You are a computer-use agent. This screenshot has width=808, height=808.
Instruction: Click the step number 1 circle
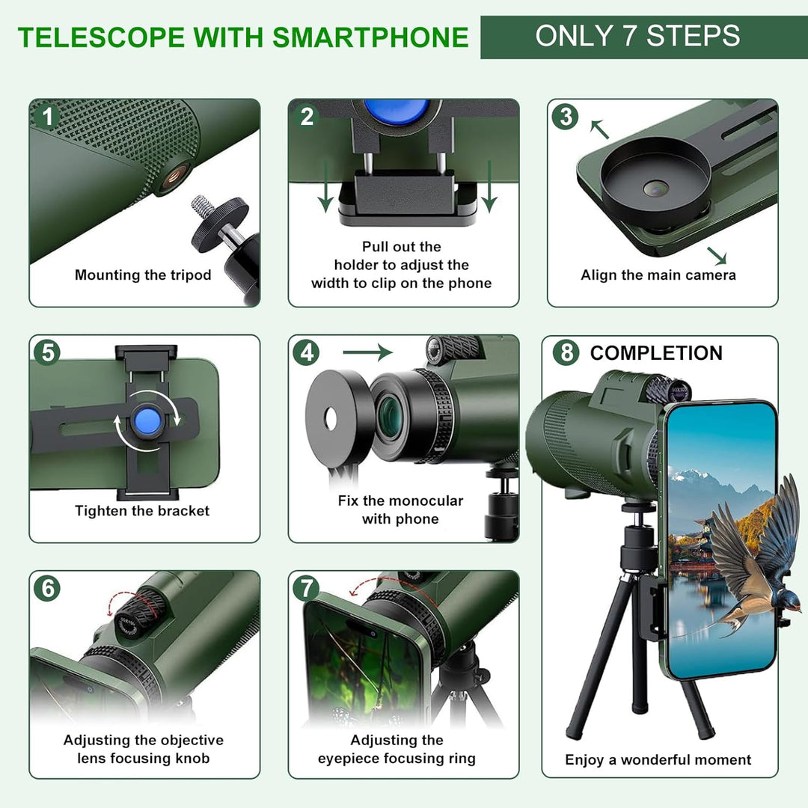click(x=48, y=117)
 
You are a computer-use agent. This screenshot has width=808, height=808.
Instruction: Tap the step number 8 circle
click(x=566, y=352)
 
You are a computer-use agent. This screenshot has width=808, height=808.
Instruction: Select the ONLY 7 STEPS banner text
click(x=637, y=36)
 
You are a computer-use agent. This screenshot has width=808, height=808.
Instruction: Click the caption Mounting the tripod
click(x=143, y=275)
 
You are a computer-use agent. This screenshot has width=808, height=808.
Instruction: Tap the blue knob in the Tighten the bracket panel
click(x=147, y=420)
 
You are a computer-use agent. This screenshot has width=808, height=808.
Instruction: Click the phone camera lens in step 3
click(x=655, y=190)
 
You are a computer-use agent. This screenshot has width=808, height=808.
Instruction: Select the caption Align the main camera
click(x=658, y=275)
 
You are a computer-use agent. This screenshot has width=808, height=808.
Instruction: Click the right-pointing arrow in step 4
click(x=367, y=352)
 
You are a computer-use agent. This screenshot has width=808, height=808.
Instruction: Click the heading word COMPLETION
click(x=656, y=353)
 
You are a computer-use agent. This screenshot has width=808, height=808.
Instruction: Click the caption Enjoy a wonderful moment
click(x=658, y=760)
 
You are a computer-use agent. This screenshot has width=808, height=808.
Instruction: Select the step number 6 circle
click(x=48, y=588)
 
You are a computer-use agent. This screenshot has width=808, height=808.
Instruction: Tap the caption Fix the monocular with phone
click(x=400, y=509)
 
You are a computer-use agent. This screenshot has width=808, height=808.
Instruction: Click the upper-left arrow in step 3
click(x=599, y=129)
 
